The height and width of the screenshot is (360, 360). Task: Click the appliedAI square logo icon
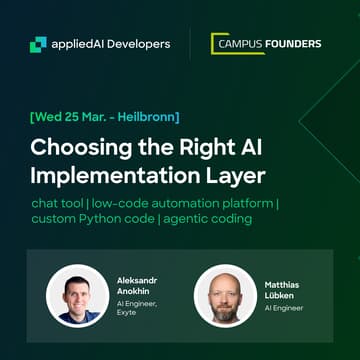(38, 43)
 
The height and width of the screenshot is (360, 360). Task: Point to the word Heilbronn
(147, 117)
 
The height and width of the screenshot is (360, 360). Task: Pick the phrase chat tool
(61, 204)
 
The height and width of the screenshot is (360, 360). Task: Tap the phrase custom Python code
(90, 222)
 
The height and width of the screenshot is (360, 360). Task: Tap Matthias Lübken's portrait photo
(223, 297)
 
